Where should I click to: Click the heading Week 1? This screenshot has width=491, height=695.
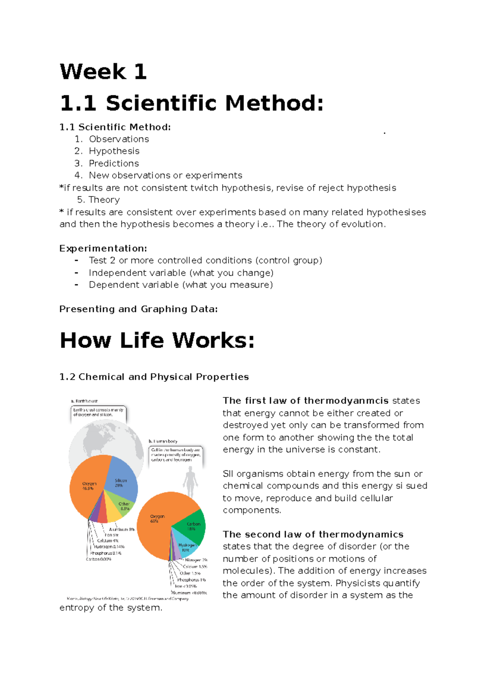coord(103,72)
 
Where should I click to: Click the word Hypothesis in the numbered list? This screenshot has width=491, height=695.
coord(114,151)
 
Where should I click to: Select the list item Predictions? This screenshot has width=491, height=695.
coord(114,163)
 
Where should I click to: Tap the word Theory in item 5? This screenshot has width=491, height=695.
coord(104,200)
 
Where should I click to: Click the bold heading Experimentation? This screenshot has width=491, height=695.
coord(103,248)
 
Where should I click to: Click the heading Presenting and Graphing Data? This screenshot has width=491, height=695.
coord(138,309)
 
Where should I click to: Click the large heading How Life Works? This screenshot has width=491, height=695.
coord(157,341)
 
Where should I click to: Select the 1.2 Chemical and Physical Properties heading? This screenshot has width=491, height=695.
coord(154,377)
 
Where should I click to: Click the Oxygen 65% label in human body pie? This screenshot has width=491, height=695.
coord(157,519)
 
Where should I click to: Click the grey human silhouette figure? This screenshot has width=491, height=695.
coord(190,481)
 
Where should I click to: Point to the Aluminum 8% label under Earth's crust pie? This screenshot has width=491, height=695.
coord(122,529)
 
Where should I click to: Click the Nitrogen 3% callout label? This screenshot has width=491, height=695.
coord(196,560)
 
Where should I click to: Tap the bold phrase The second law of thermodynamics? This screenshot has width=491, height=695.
coord(313,535)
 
